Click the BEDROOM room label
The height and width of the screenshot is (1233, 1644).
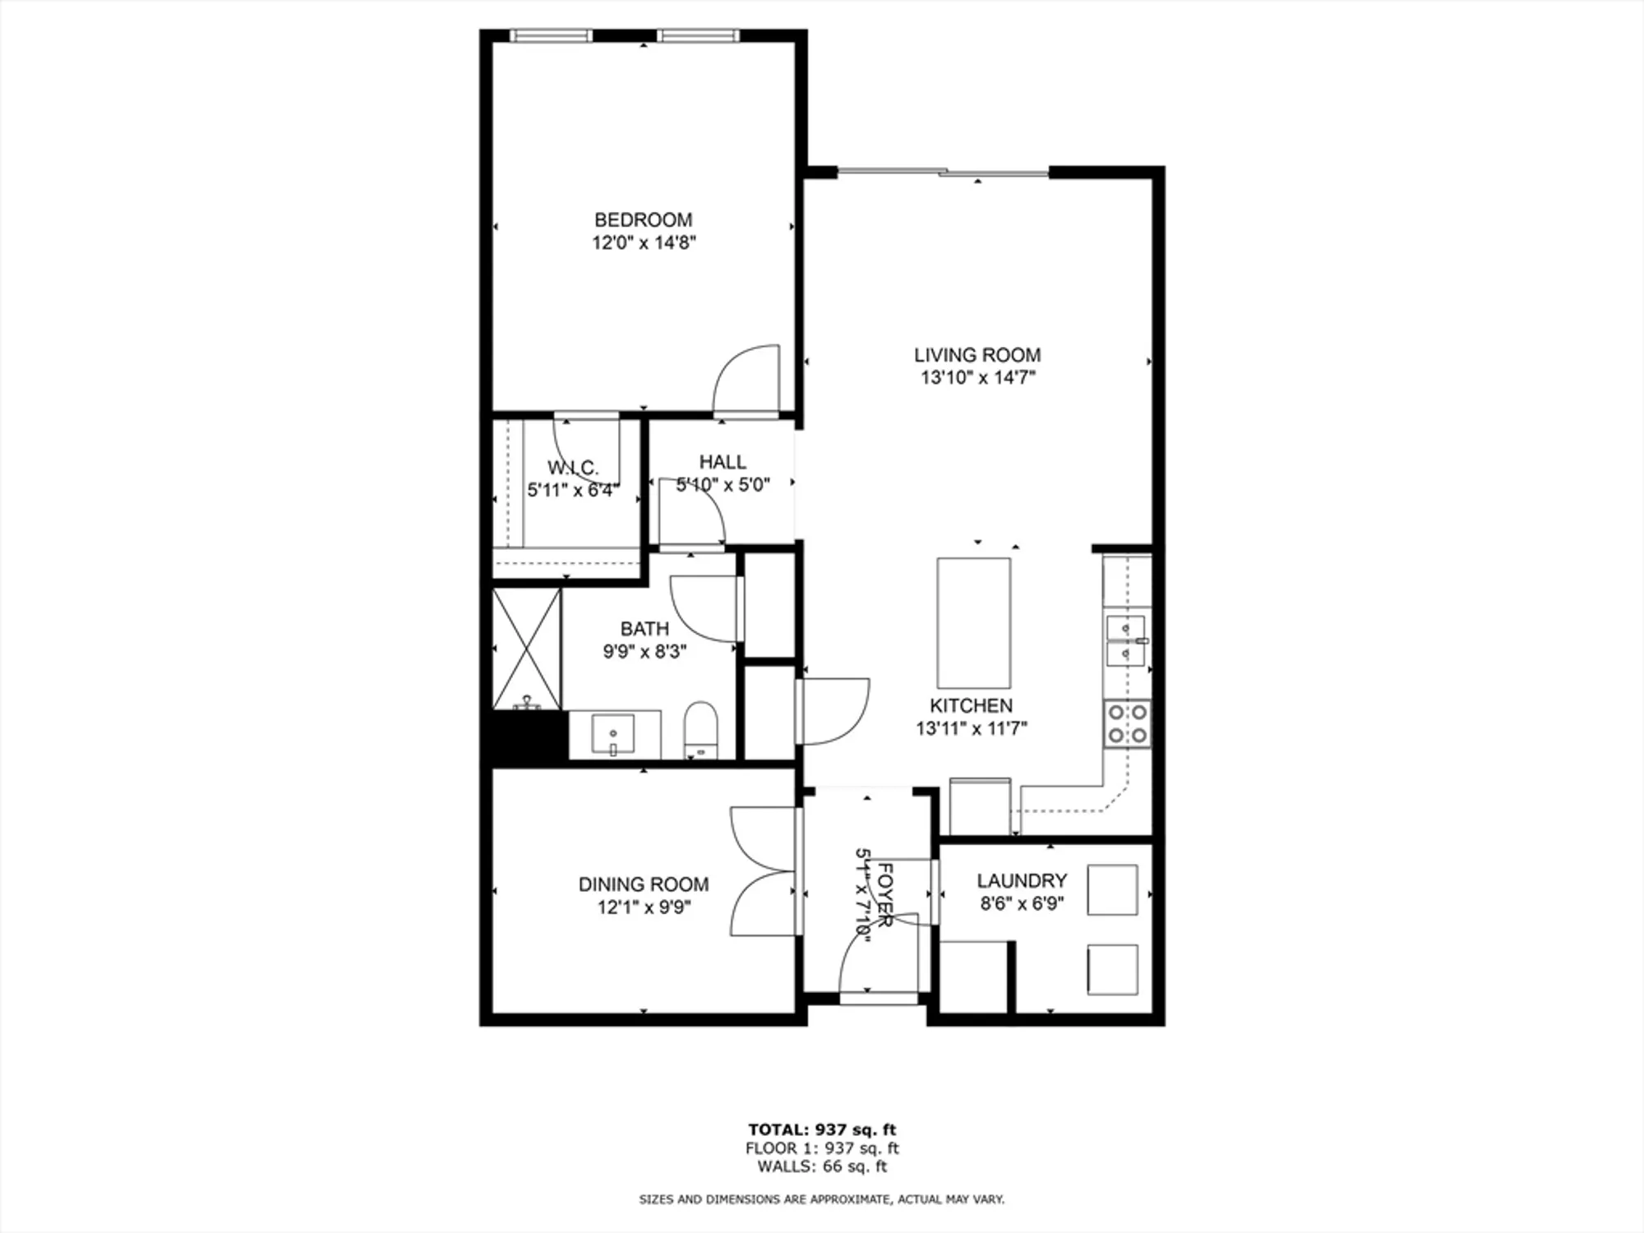pyautogui.click(x=643, y=219)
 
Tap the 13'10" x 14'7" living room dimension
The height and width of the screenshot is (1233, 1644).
pyautogui.click(x=977, y=377)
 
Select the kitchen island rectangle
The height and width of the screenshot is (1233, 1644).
pyautogui.click(x=974, y=623)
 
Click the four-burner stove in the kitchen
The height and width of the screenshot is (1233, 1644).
pyautogui.click(x=1126, y=723)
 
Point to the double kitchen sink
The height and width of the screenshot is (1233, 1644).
pyautogui.click(x=1125, y=641)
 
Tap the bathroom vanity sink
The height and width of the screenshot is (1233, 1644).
pyautogui.click(x=612, y=733)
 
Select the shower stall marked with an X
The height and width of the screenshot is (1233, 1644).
pyautogui.click(x=527, y=649)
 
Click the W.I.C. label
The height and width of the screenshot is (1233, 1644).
pyautogui.click(x=572, y=468)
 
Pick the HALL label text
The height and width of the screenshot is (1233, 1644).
pyautogui.click(x=723, y=462)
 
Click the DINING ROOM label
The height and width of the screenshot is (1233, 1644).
pyautogui.click(x=643, y=884)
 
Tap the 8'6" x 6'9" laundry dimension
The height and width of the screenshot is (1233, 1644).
pyautogui.click(x=1022, y=903)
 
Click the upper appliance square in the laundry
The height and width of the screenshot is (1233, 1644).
pyautogui.click(x=1111, y=889)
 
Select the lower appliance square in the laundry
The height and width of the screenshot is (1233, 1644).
pyautogui.click(x=1111, y=970)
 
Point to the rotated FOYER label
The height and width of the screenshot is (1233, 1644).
pyautogui.click(x=884, y=894)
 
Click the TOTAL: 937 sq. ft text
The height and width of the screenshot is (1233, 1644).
pyautogui.click(x=821, y=1129)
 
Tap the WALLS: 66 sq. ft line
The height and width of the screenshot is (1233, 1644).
pyautogui.click(x=821, y=1166)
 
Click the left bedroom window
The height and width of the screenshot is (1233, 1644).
pyautogui.click(x=551, y=35)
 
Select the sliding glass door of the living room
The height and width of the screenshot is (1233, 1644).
pyautogui.click(x=943, y=172)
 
